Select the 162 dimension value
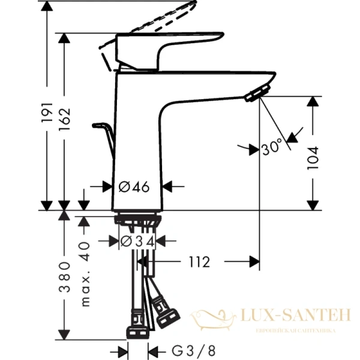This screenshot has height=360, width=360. coord(65,121)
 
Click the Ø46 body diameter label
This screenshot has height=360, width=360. coord(134,187)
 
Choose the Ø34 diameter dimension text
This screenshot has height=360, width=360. coord(137,241)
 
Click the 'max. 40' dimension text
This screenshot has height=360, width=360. coord(85,274)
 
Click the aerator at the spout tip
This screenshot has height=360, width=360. coord(257,93)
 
